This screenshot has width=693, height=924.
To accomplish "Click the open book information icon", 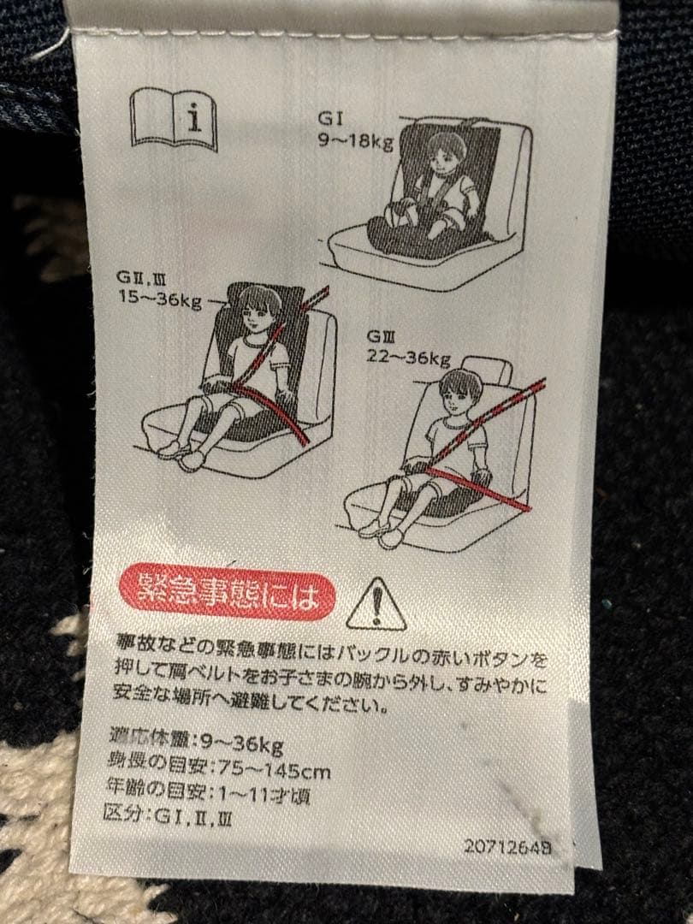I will (173, 121).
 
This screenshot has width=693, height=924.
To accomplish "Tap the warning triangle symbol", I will (376, 604).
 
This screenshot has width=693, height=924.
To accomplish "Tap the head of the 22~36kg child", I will (460, 393).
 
